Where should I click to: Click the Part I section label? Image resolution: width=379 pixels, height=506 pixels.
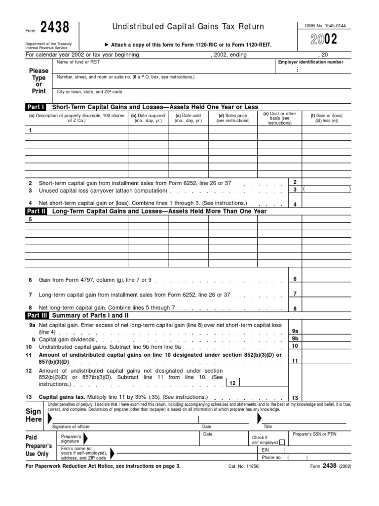tap(36, 107)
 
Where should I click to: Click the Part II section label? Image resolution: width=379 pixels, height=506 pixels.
tap(36, 211)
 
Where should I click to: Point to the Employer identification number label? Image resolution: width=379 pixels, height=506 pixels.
tap(311, 62)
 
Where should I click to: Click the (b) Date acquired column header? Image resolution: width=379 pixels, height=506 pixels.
tap(148, 118)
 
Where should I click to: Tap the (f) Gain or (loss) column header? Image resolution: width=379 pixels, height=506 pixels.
tap(327, 118)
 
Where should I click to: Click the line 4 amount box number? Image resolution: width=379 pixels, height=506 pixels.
tap(295, 204)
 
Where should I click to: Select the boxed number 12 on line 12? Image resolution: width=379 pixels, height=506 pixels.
tap(232, 383)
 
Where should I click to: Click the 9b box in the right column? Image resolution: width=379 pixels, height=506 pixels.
tap(295, 338)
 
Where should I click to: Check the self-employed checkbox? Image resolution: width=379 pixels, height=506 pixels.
tap(282, 443)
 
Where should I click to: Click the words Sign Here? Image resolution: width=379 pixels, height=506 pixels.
tap(35, 415)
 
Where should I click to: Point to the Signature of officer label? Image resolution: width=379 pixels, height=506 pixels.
tap(72, 426)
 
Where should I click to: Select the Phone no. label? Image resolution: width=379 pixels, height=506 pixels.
tap(271, 458)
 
